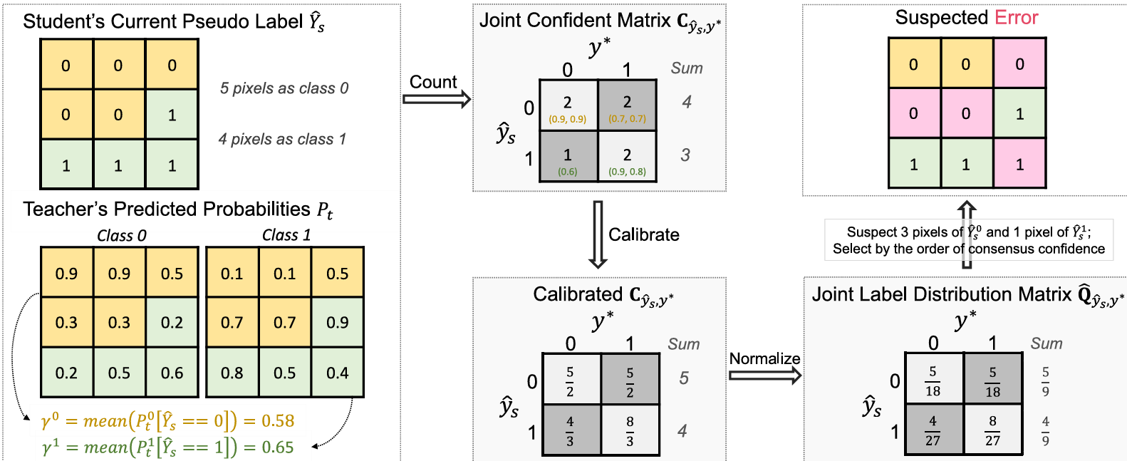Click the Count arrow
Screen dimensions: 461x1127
tap(437, 98)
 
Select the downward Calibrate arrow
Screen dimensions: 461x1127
tap(598, 234)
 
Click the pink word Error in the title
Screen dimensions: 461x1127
tap(1017, 18)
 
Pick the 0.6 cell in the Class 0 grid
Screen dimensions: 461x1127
tap(172, 373)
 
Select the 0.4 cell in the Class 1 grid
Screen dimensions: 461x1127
tap(337, 373)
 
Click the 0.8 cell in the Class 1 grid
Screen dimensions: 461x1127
tap(232, 373)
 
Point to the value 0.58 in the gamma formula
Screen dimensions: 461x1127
tap(278, 421)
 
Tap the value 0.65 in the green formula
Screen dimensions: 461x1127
tap(278, 447)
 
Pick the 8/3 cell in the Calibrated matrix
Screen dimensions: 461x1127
tap(630, 431)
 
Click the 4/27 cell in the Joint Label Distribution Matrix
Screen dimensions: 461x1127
tap(933, 431)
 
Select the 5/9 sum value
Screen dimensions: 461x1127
tap(1045, 381)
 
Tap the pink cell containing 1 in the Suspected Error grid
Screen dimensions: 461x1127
tap(1019, 164)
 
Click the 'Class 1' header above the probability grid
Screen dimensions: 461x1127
tap(286, 235)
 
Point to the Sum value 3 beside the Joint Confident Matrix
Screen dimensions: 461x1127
tap(685, 155)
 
